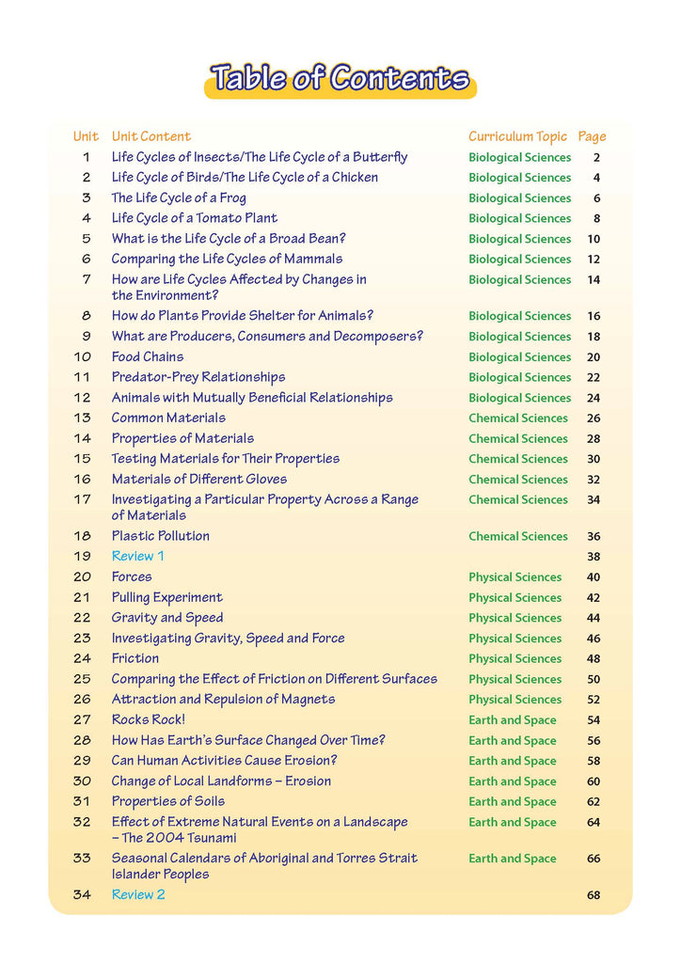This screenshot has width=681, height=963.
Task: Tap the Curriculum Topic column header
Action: click(517, 136)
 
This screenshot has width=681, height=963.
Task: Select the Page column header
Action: click(592, 136)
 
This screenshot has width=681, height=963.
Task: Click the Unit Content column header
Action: click(150, 136)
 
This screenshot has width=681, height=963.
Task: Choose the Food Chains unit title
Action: click(148, 356)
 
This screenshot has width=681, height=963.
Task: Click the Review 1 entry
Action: click(138, 556)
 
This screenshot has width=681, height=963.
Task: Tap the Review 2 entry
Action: click(138, 894)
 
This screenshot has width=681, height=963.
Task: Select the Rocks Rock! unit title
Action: click(149, 719)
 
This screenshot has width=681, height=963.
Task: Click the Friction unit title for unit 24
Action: click(135, 658)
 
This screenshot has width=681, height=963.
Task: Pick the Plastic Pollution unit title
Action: click(161, 536)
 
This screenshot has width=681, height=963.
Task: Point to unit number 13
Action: click(83, 418)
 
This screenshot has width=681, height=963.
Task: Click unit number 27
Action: click(83, 719)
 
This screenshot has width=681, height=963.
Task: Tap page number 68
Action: click(594, 895)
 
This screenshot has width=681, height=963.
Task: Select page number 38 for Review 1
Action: click(594, 557)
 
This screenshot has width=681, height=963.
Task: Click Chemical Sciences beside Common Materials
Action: click(518, 418)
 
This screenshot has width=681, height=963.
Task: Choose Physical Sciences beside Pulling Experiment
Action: click(515, 598)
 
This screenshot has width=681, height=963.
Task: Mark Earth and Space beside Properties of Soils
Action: click(513, 802)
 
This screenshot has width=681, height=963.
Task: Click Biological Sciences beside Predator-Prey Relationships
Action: click(520, 377)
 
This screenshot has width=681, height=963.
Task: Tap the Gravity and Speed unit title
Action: click(167, 618)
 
